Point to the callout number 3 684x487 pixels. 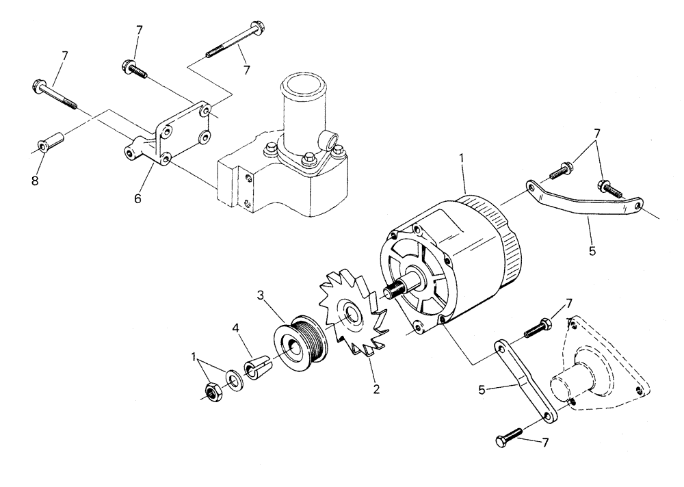[261, 296]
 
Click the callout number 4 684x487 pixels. [236, 328]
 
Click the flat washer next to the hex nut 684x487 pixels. [234, 381]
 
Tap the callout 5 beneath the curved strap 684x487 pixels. [592, 250]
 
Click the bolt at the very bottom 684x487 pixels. [508, 437]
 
